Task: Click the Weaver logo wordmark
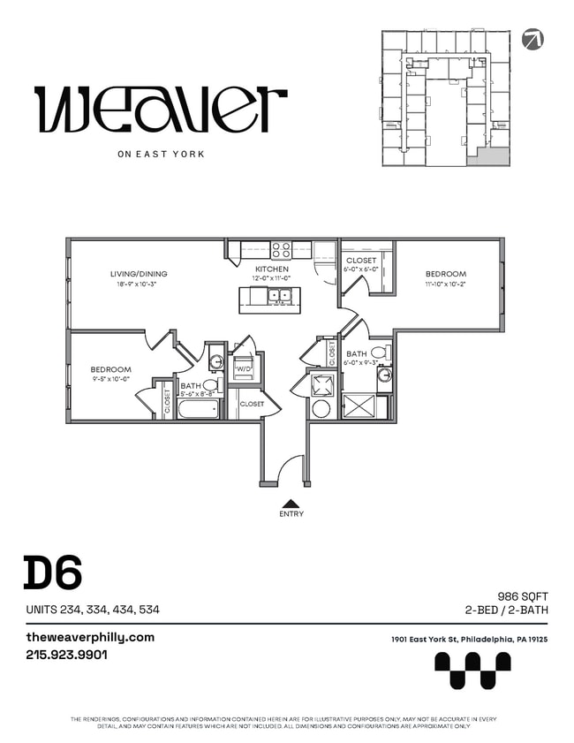coord(161,110)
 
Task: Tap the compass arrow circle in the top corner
coord(532,39)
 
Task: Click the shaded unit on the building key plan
coord(488,156)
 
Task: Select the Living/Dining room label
coord(139,274)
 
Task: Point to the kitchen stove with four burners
coord(281,250)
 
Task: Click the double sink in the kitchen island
coord(280,297)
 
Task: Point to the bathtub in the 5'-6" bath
coord(199,409)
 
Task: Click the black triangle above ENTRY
coord(291,503)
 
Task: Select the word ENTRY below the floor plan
coord(291,514)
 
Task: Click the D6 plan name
coord(52,573)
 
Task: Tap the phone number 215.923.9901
coord(67,656)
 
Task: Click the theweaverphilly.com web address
coord(90,637)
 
